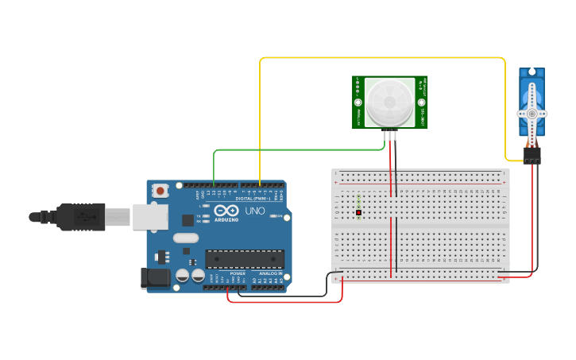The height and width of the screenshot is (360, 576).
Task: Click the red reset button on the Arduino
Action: [x=160, y=191]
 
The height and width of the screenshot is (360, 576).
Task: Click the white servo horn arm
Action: [x=532, y=114]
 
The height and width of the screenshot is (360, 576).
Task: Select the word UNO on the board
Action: [x=254, y=211]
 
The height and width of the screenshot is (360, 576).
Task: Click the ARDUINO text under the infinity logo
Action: [x=226, y=219]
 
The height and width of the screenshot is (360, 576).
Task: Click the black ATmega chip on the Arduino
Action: [x=245, y=259]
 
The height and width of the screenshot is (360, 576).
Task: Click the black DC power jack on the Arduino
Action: [x=154, y=277]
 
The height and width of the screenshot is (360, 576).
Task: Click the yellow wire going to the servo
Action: [x=381, y=58]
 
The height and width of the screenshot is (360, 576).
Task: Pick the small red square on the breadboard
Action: [x=358, y=213]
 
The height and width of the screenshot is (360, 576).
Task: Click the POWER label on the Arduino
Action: [x=238, y=273]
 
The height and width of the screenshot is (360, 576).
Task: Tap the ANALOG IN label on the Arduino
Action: [x=270, y=273]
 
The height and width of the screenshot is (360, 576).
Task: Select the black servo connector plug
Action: [x=532, y=155]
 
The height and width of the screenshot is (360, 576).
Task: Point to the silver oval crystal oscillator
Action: [x=185, y=238]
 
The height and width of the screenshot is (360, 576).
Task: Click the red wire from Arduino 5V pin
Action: [x=286, y=301]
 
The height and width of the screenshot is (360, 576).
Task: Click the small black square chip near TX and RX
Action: [x=188, y=220]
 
